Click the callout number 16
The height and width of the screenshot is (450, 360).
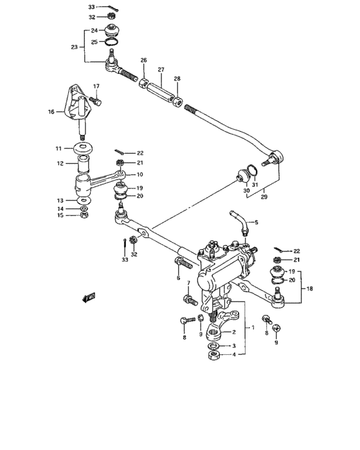pyautogui.click(x=51, y=111)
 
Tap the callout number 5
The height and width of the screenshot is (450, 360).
pyautogui.click(x=256, y=222)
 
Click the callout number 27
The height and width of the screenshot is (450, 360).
pyautogui.click(x=161, y=69)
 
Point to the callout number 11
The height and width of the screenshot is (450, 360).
pyautogui.click(x=59, y=148)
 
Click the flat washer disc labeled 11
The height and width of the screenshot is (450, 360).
pyautogui.click(x=84, y=149)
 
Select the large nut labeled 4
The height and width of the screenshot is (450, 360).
pyautogui.click(x=214, y=356)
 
